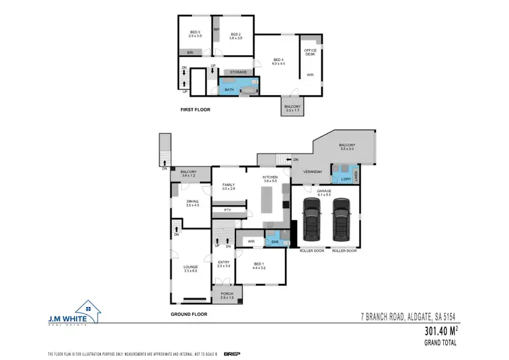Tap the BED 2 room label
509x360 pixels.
tap(236, 33)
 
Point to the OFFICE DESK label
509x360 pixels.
tap(310, 52)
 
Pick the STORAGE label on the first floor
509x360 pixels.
tap(238, 71)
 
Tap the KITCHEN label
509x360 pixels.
tap(271, 179)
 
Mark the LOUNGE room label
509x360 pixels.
tap(190, 269)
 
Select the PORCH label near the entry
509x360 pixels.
tap(226, 295)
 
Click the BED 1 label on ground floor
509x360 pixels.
tap(258, 266)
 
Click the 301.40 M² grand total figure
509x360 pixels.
tap(441, 331)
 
